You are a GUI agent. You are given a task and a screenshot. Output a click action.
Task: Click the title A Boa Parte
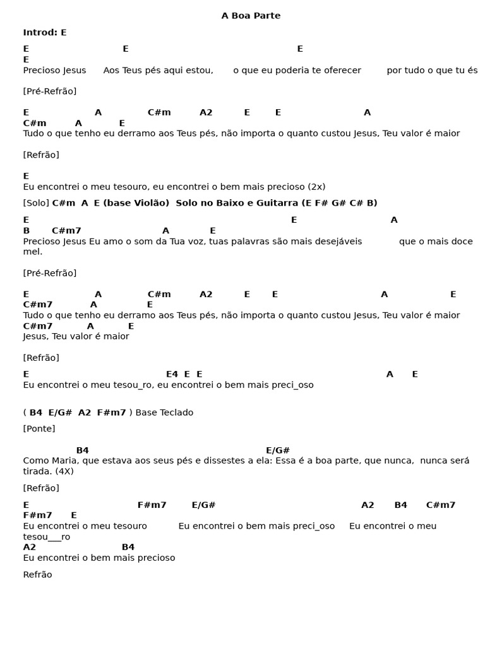point(251,16)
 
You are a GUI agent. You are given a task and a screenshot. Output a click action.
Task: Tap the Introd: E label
point(45,32)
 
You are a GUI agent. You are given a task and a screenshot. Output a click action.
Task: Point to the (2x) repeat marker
point(316,187)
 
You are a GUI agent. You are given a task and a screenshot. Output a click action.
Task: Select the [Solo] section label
point(36,203)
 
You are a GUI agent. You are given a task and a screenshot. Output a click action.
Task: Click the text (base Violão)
point(136,203)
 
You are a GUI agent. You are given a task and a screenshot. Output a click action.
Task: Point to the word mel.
point(33,251)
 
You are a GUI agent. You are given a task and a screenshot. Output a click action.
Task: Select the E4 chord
point(172,374)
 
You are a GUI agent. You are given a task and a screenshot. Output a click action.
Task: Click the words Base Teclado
point(164,413)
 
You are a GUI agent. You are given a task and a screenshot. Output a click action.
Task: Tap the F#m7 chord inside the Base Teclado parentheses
point(112,413)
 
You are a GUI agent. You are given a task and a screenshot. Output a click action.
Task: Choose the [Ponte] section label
point(39,429)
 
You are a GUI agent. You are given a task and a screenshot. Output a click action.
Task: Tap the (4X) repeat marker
point(64,471)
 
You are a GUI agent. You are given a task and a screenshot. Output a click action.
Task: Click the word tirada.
point(37,471)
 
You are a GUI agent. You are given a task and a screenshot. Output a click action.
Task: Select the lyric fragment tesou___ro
point(47,537)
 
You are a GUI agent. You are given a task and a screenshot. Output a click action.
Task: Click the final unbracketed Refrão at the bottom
point(38,575)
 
